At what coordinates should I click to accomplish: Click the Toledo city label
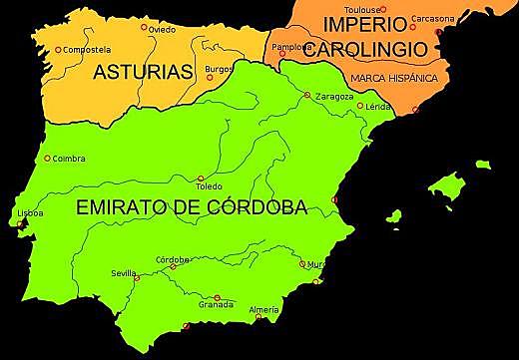209,186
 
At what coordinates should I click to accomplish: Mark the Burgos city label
219,69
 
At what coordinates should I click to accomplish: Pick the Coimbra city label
69,158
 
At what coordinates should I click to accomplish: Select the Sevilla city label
125,272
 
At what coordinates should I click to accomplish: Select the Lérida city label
378,106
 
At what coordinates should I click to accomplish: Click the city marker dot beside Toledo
202,179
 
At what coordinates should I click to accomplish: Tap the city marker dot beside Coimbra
47,158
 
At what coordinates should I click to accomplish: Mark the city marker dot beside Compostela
58,49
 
